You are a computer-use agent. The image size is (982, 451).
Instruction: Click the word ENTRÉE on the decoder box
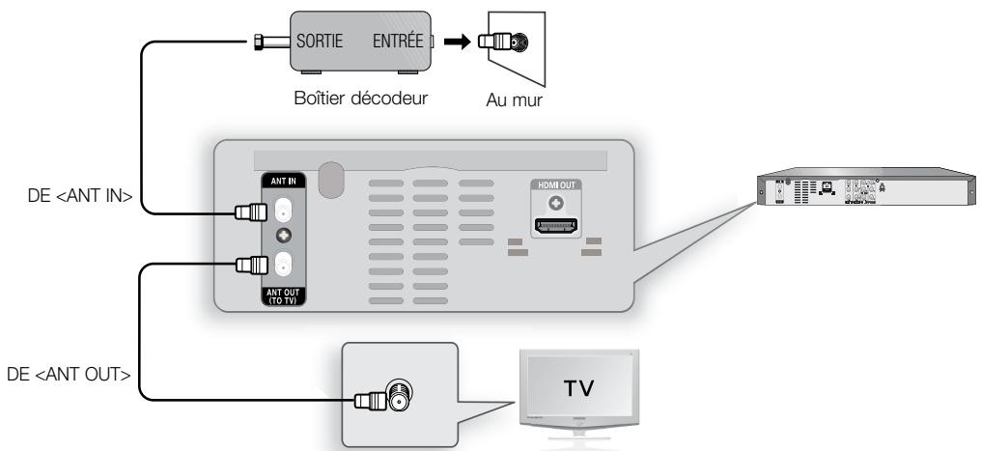coord(399,42)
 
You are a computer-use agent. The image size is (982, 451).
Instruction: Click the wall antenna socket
coord(519,42)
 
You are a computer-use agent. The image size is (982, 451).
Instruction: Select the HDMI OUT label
coord(555,184)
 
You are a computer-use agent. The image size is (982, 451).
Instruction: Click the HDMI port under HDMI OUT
coord(555,230)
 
